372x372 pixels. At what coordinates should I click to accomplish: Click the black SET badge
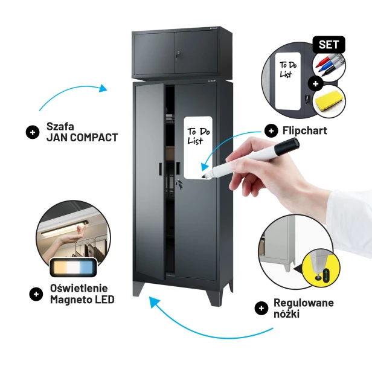[329, 45]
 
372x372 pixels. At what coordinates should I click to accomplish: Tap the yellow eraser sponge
[330, 101]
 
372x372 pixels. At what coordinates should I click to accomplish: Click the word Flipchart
[305, 130]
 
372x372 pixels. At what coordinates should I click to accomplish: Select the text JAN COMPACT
[82, 138]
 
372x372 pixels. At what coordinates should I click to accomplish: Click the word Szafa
[60, 126]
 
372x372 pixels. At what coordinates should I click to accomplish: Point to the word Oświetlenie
[79, 288]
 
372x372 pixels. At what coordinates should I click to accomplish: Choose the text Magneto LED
[82, 300]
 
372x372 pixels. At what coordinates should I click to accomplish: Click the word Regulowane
[304, 303]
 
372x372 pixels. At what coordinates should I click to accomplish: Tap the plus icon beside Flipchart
[271, 130]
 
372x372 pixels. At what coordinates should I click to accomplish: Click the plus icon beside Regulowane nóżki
[261, 308]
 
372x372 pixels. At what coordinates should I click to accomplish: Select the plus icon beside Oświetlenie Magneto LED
[36, 294]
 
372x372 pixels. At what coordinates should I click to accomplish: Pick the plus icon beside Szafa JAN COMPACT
[33, 132]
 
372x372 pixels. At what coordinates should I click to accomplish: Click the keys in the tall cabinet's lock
[179, 183]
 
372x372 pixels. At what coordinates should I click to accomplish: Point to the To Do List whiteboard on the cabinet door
[198, 147]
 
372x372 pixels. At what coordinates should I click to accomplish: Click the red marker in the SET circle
[323, 61]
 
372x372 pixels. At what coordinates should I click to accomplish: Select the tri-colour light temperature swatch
[73, 267]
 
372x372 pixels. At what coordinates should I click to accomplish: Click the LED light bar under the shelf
[65, 228]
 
